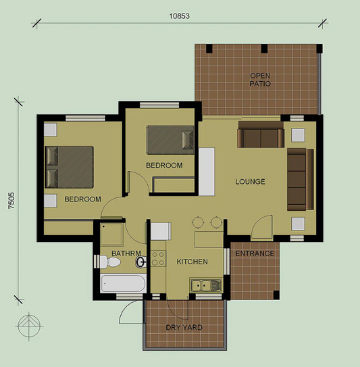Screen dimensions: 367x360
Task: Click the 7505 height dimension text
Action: pyautogui.click(x=11, y=201)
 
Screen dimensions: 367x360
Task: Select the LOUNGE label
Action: pyautogui.click(x=250, y=182)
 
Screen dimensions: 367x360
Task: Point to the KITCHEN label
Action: pyautogui.click(x=192, y=262)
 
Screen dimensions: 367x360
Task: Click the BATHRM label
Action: pyautogui.click(x=125, y=254)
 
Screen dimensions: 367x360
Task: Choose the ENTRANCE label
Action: pyautogui.click(x=255, y=254)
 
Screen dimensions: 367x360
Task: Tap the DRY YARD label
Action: pyautogui.click(x=184, y=328)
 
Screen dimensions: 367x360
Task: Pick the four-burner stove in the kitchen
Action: pyautogui.click(x=158, y=258)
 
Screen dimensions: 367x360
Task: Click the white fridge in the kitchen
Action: pyautogui.click(x=159, y=230)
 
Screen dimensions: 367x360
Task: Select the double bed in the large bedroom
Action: pyautogui.click(x=70, y=167)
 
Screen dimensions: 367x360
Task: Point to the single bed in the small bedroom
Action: pyautogui.click(x=170, y=140)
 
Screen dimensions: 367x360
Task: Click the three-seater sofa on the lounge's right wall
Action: pyautogui.click(x=299, y=178)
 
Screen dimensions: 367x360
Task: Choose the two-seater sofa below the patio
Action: pyautogui.click(x=260, y=137)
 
